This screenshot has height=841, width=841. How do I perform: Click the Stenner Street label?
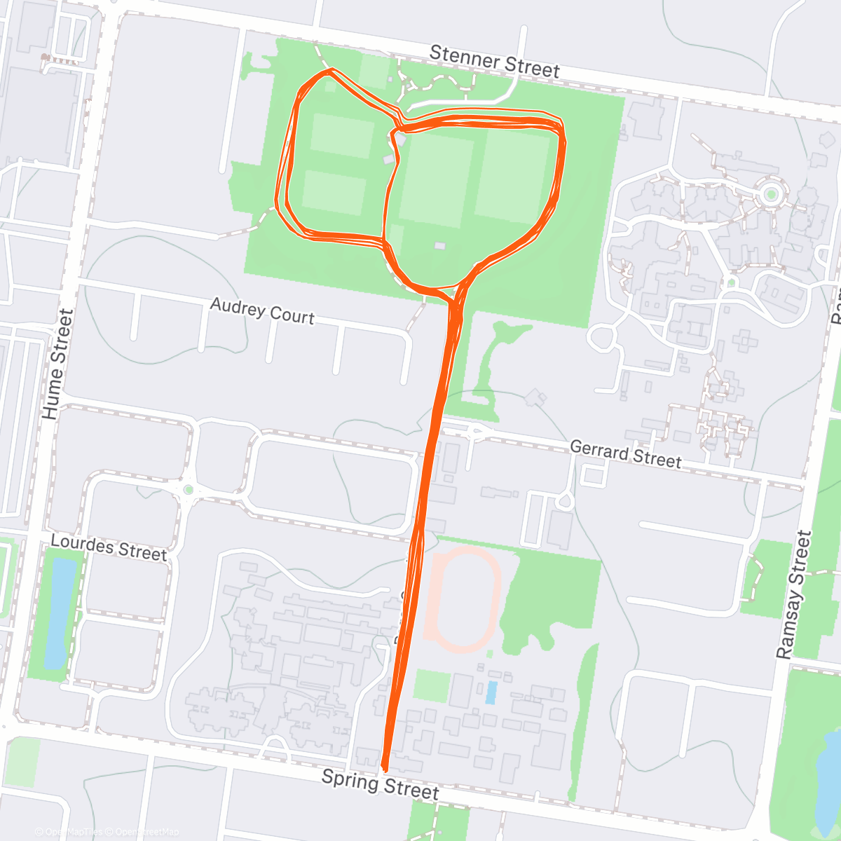(x=494, y=62)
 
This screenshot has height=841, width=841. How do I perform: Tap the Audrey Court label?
(x=262, y=310)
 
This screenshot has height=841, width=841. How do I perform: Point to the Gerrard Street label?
(x=625, y=453)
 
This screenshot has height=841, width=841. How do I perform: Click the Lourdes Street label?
(x=109, y=547)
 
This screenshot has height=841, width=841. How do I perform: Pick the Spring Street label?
(x=380, y=784)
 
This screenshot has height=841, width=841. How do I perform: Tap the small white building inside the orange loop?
(x=439, y=246)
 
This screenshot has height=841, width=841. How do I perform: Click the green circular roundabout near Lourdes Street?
(x=188, y=488)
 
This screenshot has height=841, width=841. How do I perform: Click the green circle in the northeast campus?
(x=771, y=194)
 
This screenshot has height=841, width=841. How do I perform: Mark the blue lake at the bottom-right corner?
(x=827, y=778)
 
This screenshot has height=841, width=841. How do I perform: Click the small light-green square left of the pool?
(x=431, y=685)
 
